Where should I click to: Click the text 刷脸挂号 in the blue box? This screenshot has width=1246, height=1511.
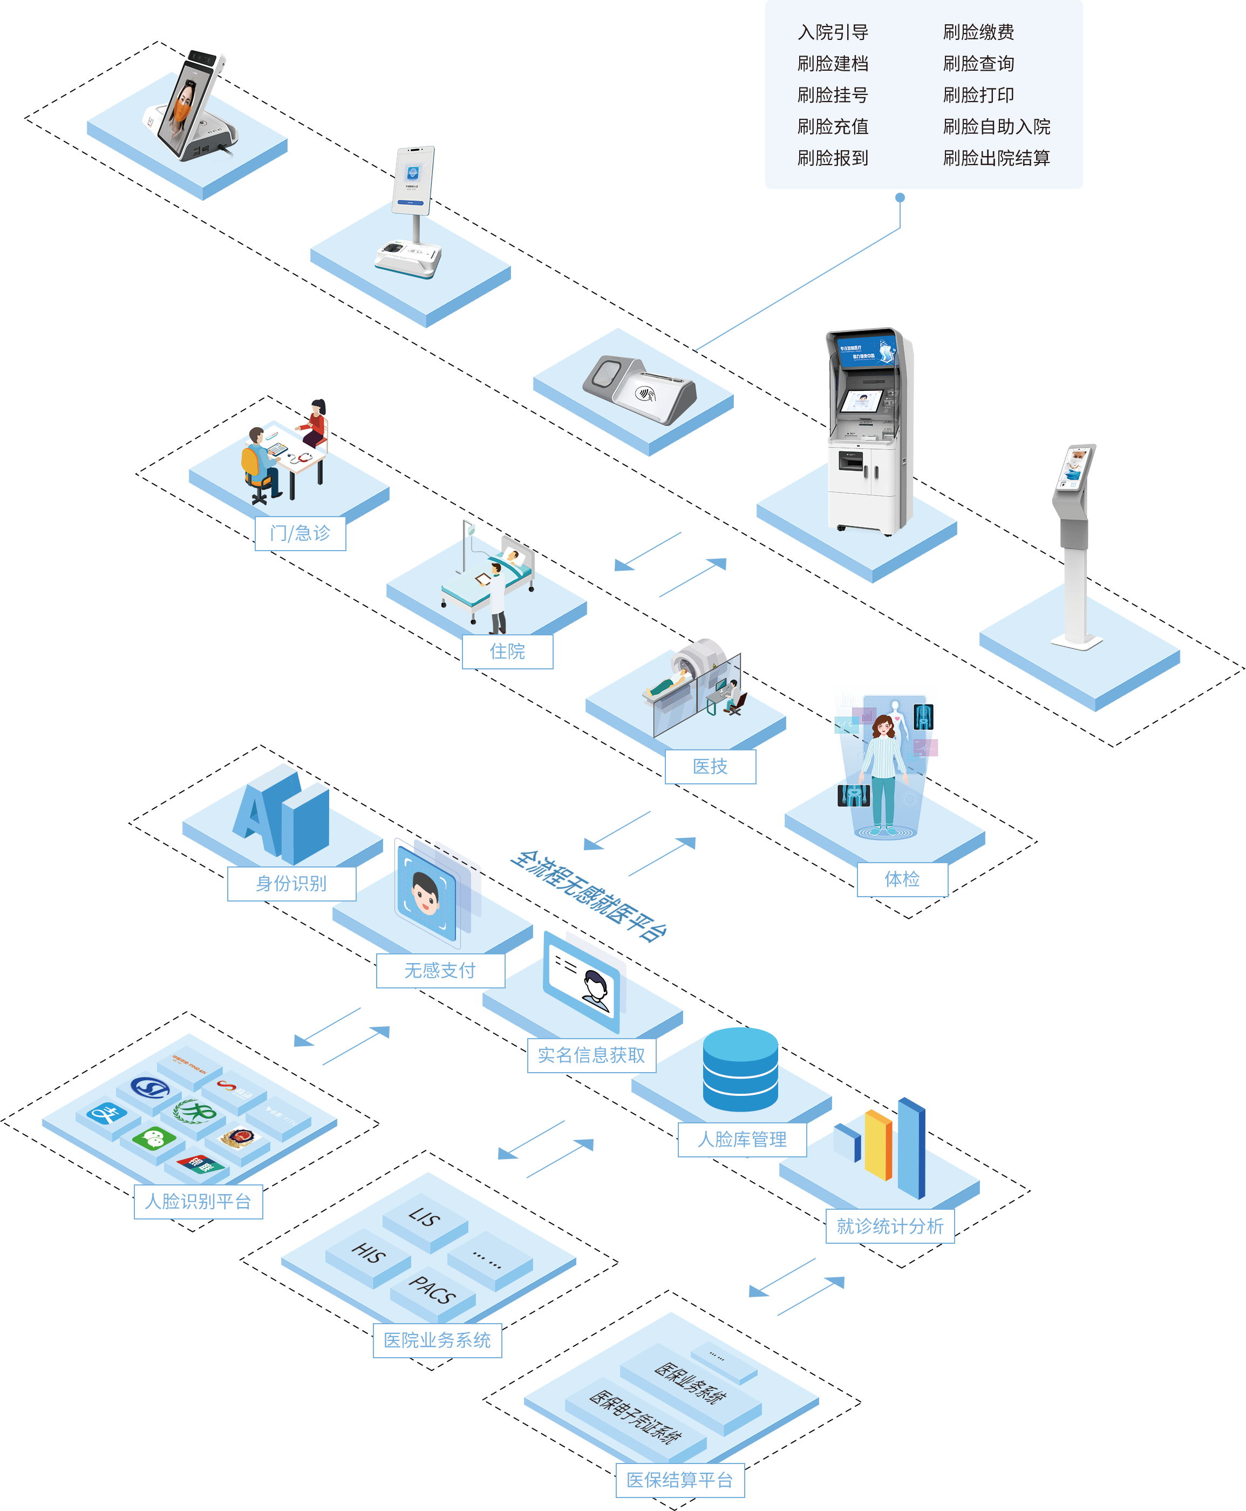tap(833, 95)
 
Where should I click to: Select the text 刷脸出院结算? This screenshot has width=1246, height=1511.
tap(996, 158)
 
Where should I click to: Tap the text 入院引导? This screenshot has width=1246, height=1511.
tap(833, 32)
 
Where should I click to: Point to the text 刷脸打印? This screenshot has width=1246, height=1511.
tap(978, 95)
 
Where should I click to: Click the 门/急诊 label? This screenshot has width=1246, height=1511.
tap(300, 533)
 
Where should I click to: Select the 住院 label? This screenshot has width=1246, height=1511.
tap(507, 651)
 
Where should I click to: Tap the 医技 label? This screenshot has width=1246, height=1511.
tap(710, 767)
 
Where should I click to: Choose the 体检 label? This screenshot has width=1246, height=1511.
tap(902, 879)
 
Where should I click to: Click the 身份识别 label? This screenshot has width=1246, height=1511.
tap(291, 884)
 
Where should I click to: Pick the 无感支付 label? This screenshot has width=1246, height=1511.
tap(440, 971)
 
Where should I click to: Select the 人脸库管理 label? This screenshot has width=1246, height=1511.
tap(741, 1139)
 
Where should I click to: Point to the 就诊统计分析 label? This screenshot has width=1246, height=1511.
tap(889, 1226)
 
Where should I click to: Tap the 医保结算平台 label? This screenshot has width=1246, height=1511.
tap(679, 1480)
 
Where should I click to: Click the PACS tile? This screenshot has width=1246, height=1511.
tap(432, 1290)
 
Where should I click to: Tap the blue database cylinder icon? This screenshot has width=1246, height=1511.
tap(740, 1069)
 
